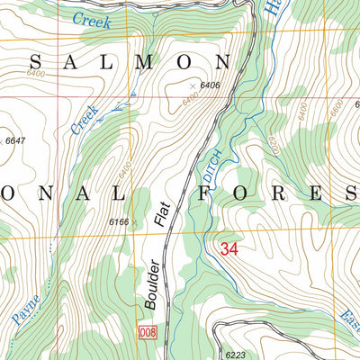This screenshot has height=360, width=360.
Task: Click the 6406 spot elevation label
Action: coord(211,85)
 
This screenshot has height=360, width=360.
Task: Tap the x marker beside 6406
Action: coord(192,87)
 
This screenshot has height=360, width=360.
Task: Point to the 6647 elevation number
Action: coord(14,141)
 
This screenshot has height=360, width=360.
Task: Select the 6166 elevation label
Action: coord(119,220)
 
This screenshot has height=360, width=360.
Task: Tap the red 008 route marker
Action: coord(148,334)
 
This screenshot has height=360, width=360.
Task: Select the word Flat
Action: coord(162,214)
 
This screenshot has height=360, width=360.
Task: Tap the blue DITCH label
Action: coord(212,160)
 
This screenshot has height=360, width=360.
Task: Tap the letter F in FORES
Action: coord(210,193)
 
